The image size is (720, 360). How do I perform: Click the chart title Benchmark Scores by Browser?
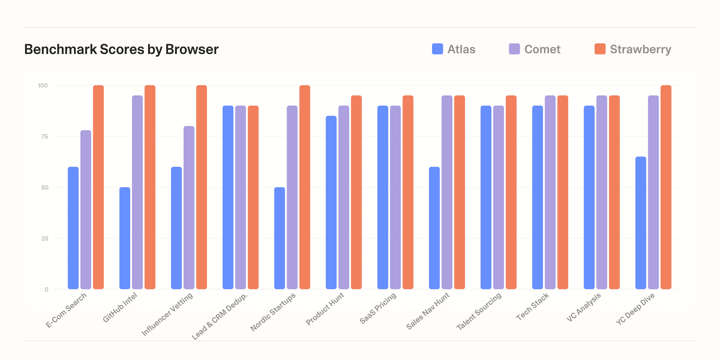point(121,49)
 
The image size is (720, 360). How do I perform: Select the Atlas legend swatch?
point(437,49)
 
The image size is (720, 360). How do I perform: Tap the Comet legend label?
point(542,49)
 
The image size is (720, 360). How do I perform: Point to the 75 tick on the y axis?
point(44,136)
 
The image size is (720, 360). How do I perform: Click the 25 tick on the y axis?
point(44,238)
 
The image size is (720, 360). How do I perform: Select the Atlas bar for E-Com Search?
point(73,228)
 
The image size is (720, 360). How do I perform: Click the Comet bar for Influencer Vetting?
point(189,207)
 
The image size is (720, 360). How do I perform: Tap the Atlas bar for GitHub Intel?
point(125,238)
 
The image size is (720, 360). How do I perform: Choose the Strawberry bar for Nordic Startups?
point(305,187)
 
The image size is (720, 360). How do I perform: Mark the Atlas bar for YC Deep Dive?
point(641,223)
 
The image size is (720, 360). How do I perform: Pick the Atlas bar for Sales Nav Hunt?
point(434,228)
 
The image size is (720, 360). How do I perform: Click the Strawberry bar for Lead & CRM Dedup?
point(253,197)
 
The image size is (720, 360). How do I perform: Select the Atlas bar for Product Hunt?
point(331,202)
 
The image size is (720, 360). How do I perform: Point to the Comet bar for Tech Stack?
point(550,192)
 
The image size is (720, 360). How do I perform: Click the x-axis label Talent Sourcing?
point(479,311)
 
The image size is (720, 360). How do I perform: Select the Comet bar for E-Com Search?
point(86,210)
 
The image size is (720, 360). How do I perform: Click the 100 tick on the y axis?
point(43,85)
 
